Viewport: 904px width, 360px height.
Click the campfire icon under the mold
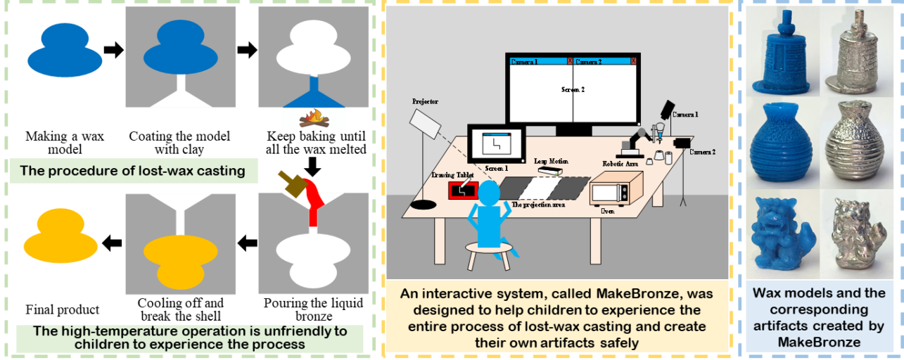pyautogui.click(x=314, y=119)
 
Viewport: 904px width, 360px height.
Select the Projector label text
pyautogui.click(x=425, y=102)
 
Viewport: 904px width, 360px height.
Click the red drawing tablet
pyautogui.click(x=464, y=191)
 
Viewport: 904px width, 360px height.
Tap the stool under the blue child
pyautogui.click(x=488, y=253)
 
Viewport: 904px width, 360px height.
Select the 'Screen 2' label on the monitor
pyautogui.click(x=573, y=90)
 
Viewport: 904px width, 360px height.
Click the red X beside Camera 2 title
pyautogui.click(x=634, y=62)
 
